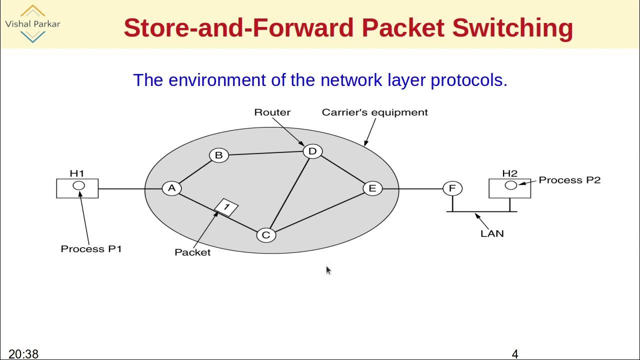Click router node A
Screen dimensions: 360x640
[171, 188]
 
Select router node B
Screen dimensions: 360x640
[218, 155]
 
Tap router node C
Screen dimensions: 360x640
[266, 235]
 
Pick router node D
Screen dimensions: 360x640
[312, 151]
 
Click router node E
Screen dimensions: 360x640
[372, 188]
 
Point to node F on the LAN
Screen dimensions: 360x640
[452, 188]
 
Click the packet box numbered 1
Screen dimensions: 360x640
[226, 207]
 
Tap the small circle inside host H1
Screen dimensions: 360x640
[78, 186]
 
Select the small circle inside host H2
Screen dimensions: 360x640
[510, 185]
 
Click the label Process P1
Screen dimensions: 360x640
[91, 249]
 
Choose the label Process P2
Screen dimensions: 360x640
[569, 180]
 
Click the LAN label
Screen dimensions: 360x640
[492, 233]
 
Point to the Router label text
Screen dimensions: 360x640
[272, 112]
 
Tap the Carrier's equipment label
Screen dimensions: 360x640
[374, 112]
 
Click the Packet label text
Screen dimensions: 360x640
[192, 252]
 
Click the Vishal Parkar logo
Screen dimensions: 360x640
[32, 23]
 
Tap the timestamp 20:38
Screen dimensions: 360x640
[23, 354]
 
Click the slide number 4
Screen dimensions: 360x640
[515, 354]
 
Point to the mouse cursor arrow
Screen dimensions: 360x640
[328, 270]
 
